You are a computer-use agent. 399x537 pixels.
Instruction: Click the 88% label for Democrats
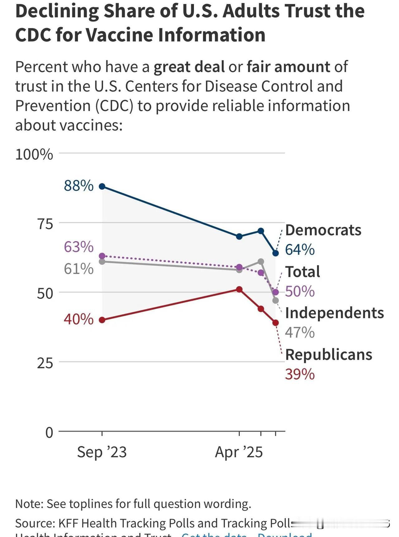(79, 186)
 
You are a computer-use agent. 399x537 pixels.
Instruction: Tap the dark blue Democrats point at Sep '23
(102, 186)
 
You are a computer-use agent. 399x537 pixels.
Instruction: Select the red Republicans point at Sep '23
(102, 320)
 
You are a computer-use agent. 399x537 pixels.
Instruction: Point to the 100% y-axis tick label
(34, 155)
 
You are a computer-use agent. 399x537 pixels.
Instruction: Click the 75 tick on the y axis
(45, 224)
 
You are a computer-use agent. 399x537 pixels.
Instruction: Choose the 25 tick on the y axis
(45, 363)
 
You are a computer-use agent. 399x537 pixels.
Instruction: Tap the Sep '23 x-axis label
(102, 452)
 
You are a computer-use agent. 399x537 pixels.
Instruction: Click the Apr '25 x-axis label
(239, 452)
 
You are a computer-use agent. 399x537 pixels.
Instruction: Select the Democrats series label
(323, 230)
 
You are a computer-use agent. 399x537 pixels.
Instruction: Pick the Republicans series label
(329, 355)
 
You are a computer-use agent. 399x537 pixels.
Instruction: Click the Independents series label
(334, 313)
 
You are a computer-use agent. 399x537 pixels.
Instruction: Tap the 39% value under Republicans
(300, 374)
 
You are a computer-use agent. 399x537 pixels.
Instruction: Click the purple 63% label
(79, 247)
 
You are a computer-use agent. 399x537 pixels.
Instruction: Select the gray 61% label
(79, 269)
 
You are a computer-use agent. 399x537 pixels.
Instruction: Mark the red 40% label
(79, 319)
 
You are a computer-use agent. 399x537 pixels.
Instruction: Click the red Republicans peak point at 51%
(239, 290)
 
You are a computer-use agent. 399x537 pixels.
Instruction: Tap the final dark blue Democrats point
(276, 253)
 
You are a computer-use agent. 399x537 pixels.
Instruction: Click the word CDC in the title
(33, 35)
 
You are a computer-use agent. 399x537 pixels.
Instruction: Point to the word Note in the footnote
(29, 504)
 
